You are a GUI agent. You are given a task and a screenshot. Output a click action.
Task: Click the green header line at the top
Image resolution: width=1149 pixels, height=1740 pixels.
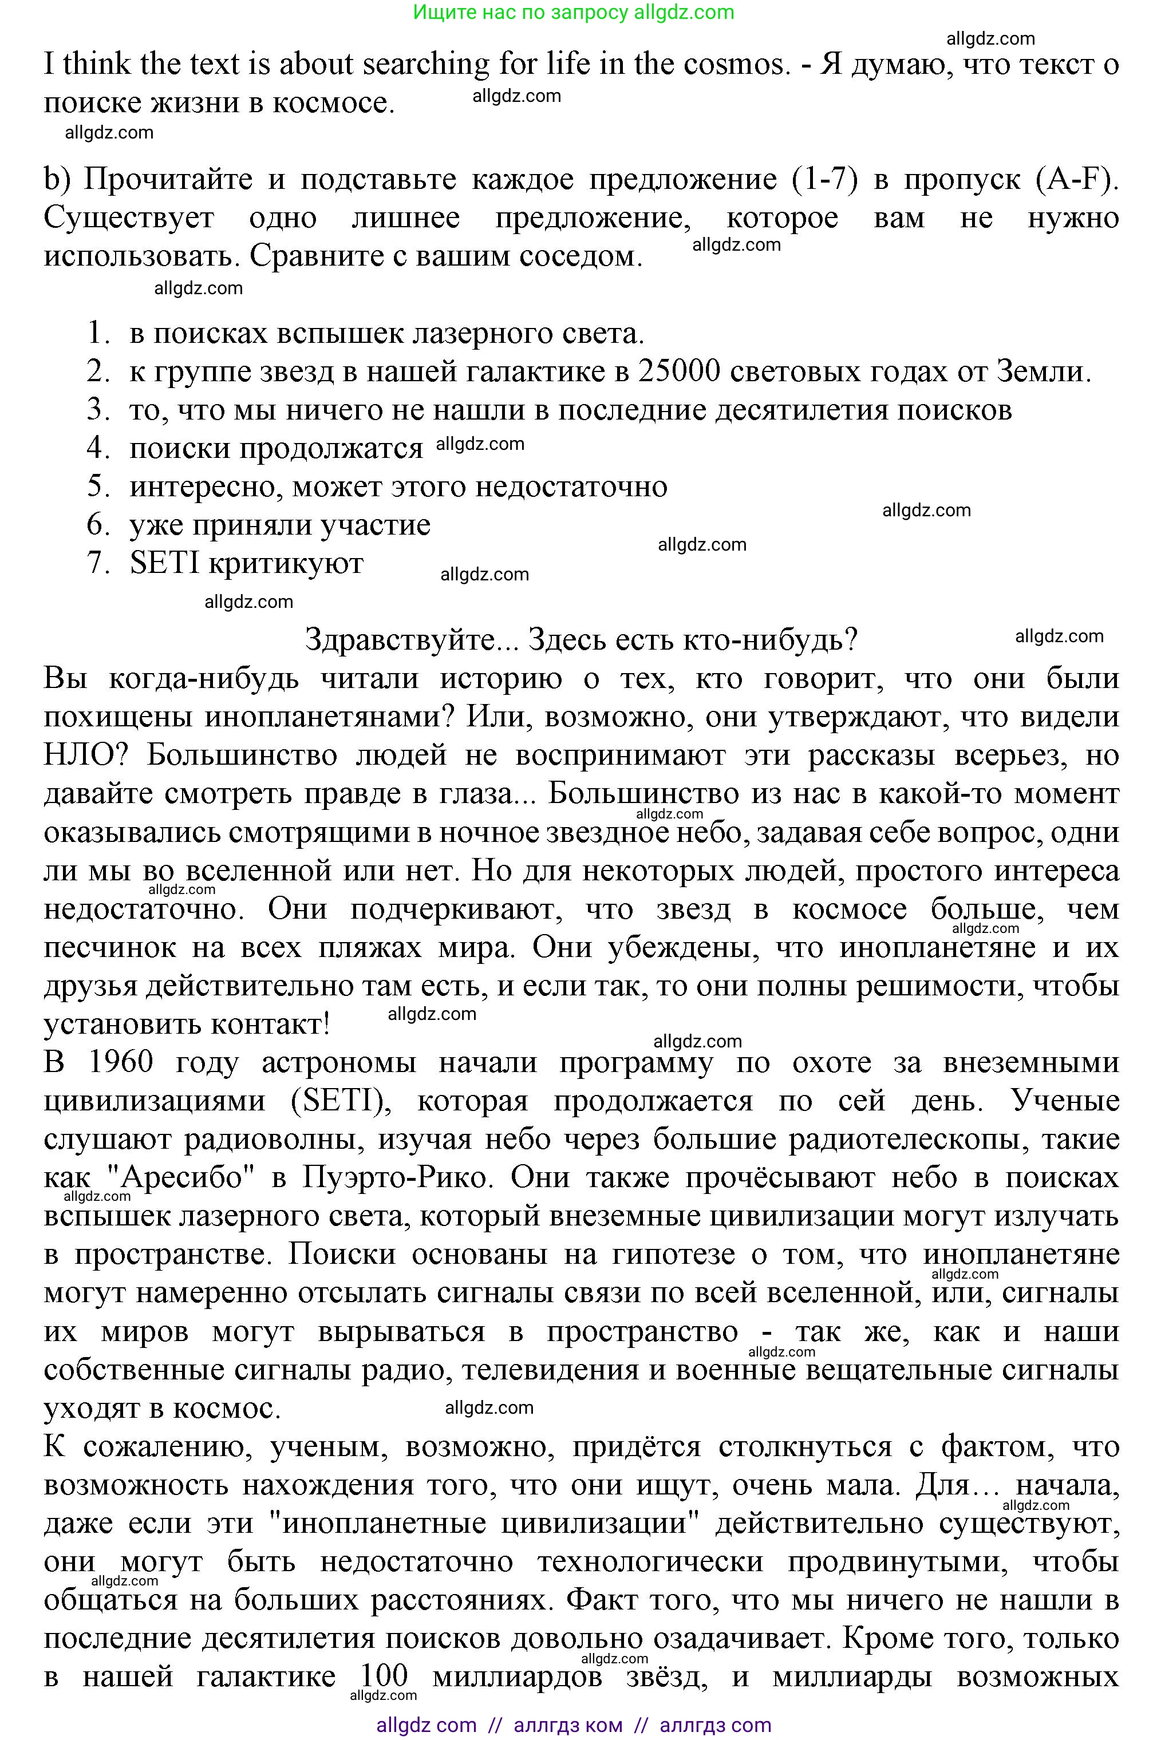574,13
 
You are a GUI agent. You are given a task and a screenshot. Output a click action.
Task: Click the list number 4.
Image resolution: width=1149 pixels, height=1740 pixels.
97,448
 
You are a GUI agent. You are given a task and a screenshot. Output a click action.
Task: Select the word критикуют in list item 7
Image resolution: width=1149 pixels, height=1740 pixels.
286,563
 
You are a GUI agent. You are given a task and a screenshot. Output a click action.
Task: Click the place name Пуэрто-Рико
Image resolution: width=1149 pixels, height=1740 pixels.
394,1177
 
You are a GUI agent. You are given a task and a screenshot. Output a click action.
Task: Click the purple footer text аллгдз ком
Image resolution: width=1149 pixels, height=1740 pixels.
568,1725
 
